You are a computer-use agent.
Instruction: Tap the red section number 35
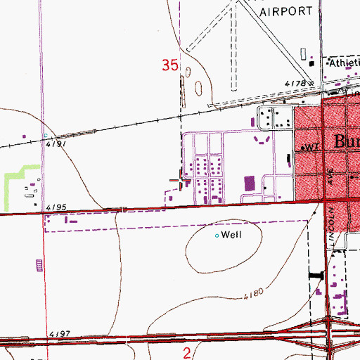tap(169, 65)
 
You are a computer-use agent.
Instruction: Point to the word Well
tap(231, 235)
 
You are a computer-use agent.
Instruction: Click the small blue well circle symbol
tap(217, 235)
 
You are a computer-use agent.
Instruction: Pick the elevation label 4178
tap(296, 84)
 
